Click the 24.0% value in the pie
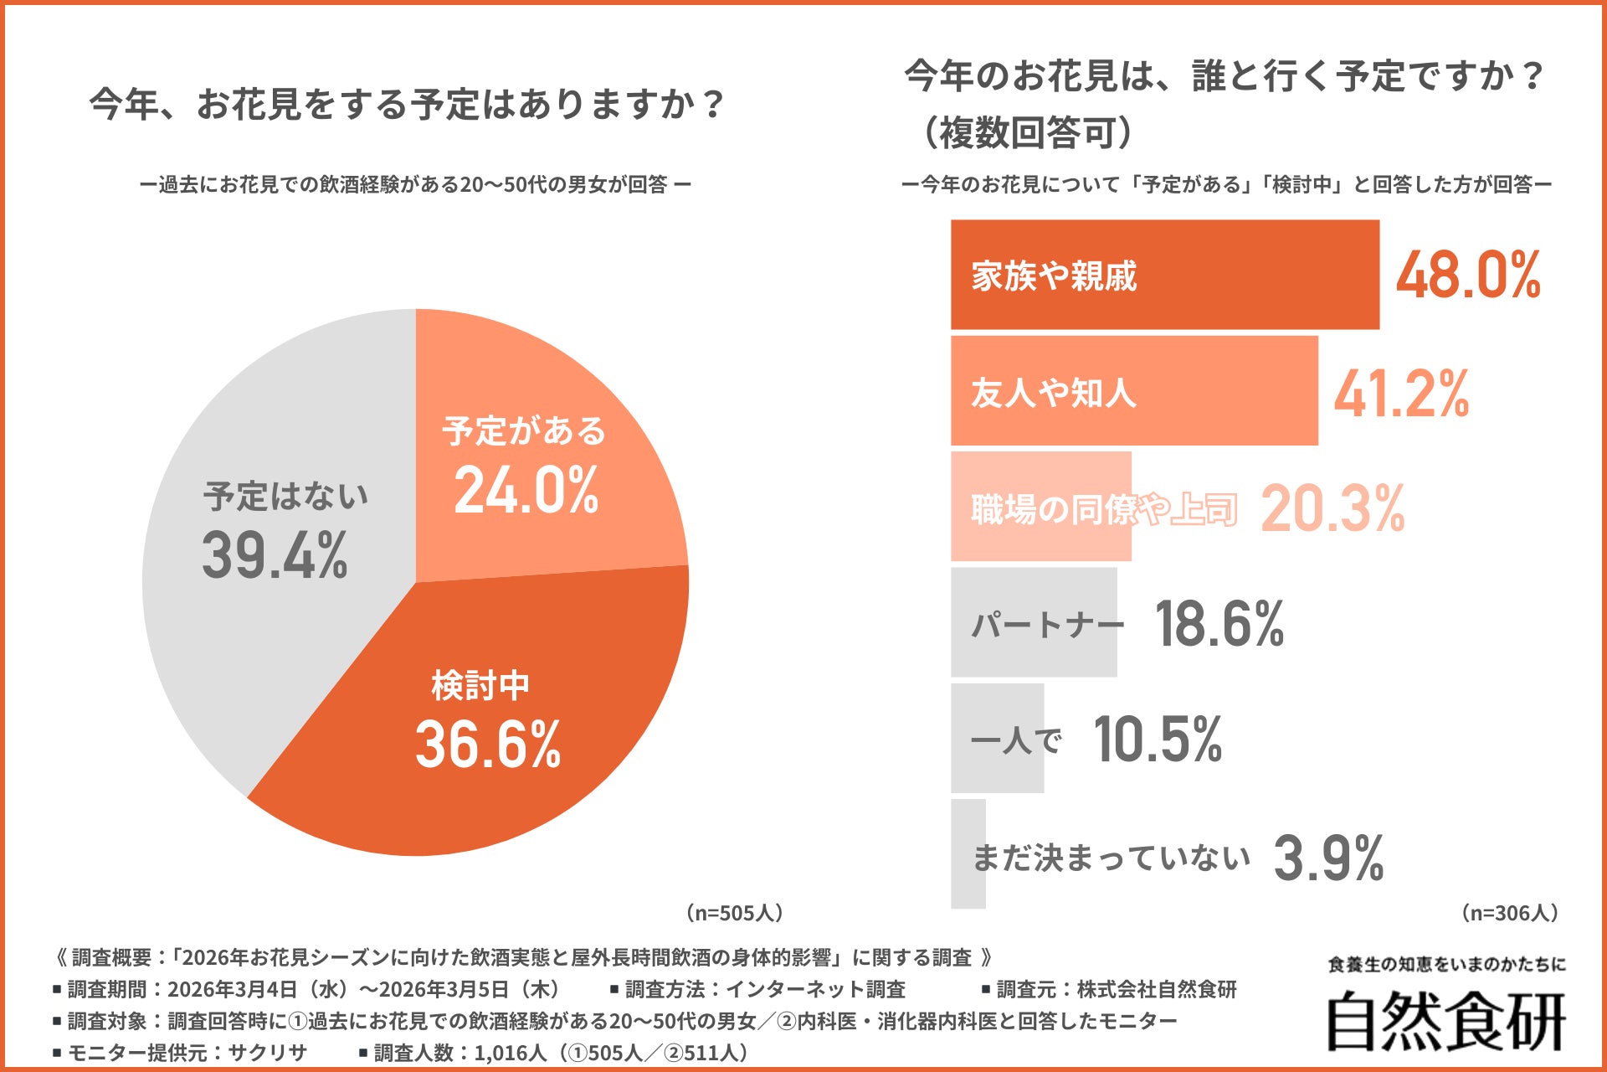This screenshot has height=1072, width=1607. [526, 491]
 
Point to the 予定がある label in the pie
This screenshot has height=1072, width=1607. [524, 430]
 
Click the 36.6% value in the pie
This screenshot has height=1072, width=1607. [488, 745]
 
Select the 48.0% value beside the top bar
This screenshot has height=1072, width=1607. [1468, 276]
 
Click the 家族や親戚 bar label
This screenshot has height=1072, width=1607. [1054, 276]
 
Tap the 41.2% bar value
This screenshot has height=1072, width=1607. [1401, 394]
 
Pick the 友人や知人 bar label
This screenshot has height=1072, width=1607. [1053, 392]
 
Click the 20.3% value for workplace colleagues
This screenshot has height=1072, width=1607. [1332, 508]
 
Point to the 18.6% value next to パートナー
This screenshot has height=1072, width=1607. [1219, 624]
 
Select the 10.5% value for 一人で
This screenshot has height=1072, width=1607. [1158, 740]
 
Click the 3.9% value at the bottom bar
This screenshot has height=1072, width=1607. [1328, 858]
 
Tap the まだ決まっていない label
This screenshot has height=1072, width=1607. [1111, 858]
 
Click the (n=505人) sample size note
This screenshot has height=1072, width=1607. [735, 913]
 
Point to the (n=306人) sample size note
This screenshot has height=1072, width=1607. [1509, 913]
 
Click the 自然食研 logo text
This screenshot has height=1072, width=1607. [1446, 1022]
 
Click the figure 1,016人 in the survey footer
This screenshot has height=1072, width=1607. [510, 1053]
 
